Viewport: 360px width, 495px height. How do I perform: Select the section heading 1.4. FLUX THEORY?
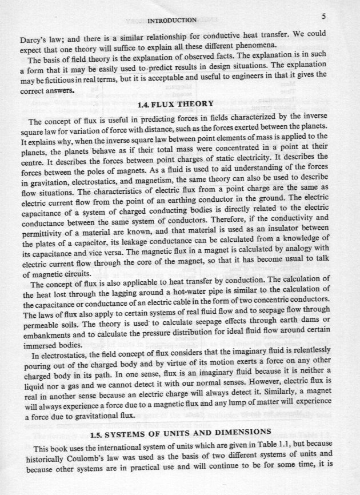pos(176,104)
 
